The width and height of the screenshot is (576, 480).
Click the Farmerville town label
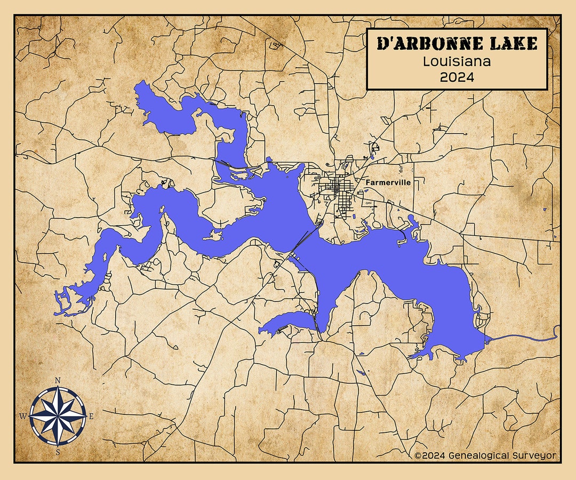click(x=388, y=182)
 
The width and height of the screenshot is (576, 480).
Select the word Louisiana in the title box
click(x=457, y=61)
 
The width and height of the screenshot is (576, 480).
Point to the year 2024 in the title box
click(x=457, y=77)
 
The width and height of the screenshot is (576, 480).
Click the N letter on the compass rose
click(x=58, y=380)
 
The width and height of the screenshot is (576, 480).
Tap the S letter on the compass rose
click(x=58, y=452)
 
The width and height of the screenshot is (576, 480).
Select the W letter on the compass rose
click(x=22, y=416)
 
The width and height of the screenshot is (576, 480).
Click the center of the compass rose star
click(x=58, y=416)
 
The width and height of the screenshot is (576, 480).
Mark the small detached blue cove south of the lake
click(x=288, y=322)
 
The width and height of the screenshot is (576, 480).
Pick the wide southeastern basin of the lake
click(x=453, y=309)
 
